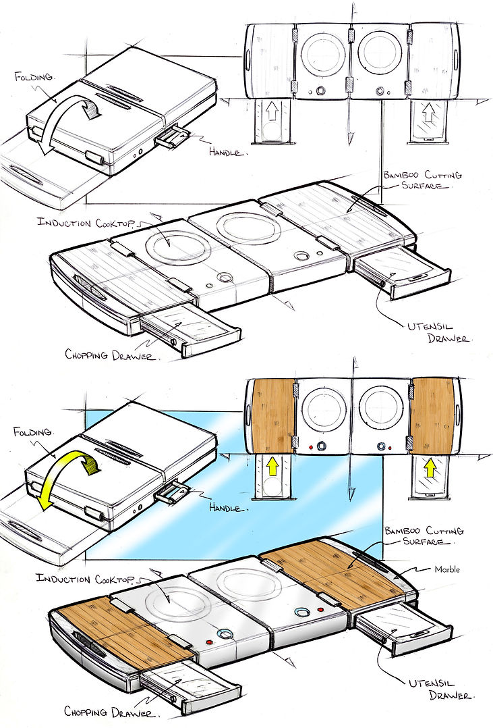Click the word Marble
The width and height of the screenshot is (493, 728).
click(446, 569)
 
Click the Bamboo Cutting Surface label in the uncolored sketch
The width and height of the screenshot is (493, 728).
click(423, 180)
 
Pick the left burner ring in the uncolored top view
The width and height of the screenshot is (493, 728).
click(323, 54)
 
